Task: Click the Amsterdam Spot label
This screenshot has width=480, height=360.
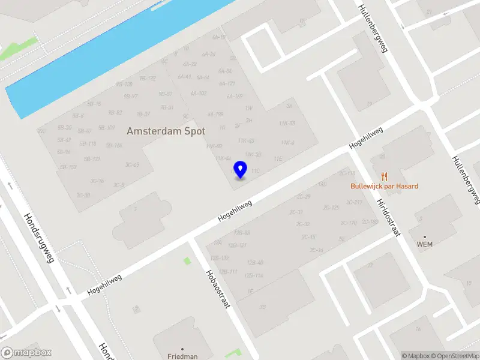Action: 166,131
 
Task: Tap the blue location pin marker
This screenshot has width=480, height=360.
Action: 241,169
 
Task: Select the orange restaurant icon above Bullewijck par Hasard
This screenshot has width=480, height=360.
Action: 385,176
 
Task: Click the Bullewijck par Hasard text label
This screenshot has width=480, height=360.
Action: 385,186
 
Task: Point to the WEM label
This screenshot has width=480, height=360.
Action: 425,244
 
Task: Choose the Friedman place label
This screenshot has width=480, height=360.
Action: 182,356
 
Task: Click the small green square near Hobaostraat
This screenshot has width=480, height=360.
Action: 187,260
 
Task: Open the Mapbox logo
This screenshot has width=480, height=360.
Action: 26,353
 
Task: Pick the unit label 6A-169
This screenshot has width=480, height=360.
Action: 235,96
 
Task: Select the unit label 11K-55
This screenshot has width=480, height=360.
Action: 287,123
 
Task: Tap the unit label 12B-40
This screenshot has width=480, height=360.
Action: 255,263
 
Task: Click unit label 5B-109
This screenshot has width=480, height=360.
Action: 106,127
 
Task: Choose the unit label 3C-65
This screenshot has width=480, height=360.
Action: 132,164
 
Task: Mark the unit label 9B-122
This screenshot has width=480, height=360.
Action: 148,79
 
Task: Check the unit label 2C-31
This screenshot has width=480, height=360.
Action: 296,212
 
